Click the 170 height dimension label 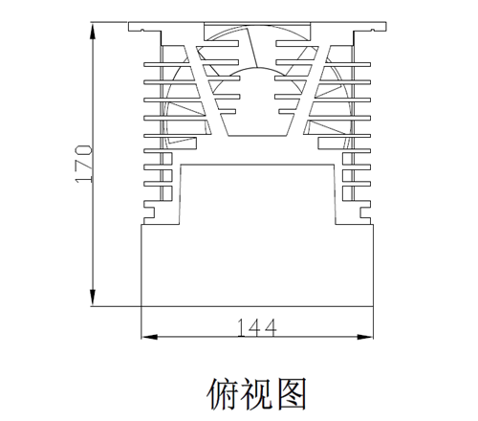(83, 164)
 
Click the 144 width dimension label (257, 328)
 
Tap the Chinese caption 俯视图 (257, 393)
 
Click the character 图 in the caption (292, 393)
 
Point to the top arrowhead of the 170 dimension (93, 33)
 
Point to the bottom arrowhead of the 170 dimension (93, 297)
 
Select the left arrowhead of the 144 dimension (149, 337)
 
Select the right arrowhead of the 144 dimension (365, 337)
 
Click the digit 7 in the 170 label (83, 164)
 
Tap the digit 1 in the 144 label (241, 328)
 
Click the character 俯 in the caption (223, 393)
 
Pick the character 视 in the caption (257, 393)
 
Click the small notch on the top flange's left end (142, 31)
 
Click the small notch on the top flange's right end (373, 31)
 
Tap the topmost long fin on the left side (166, 64)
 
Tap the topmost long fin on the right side (347, 64)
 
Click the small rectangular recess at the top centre (257, 32)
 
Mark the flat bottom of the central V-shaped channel (258, 136)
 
